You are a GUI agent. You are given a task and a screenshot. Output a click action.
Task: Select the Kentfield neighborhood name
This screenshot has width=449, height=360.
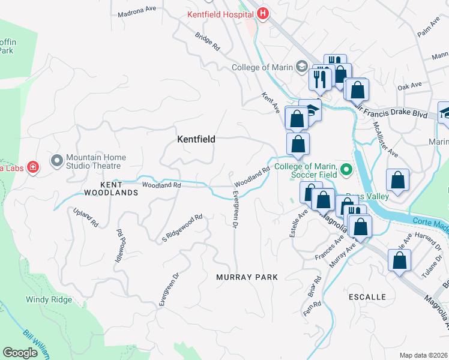(x=196, y=139)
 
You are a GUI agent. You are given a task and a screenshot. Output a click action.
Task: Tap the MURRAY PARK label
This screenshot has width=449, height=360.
(x=247, y=277)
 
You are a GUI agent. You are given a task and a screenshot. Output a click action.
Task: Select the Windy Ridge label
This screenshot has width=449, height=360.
(x=49, y=299)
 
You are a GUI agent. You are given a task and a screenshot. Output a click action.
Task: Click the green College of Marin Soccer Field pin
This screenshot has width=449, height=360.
(x=346, y=170)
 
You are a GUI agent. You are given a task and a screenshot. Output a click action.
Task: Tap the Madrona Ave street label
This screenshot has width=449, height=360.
(x=137, y=9)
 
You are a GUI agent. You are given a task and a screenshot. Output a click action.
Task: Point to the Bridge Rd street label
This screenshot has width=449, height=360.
(x=207, y=41)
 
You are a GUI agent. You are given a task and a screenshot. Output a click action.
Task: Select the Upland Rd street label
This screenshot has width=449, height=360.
(x=85, y=218)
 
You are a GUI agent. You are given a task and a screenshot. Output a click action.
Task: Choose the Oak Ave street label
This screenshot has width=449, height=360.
(x=410, y=87)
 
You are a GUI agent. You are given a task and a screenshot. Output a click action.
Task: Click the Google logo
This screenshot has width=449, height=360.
(x=20, y=353)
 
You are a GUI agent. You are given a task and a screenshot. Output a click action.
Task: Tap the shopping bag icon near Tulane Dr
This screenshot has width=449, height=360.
(x=399, y=261)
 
